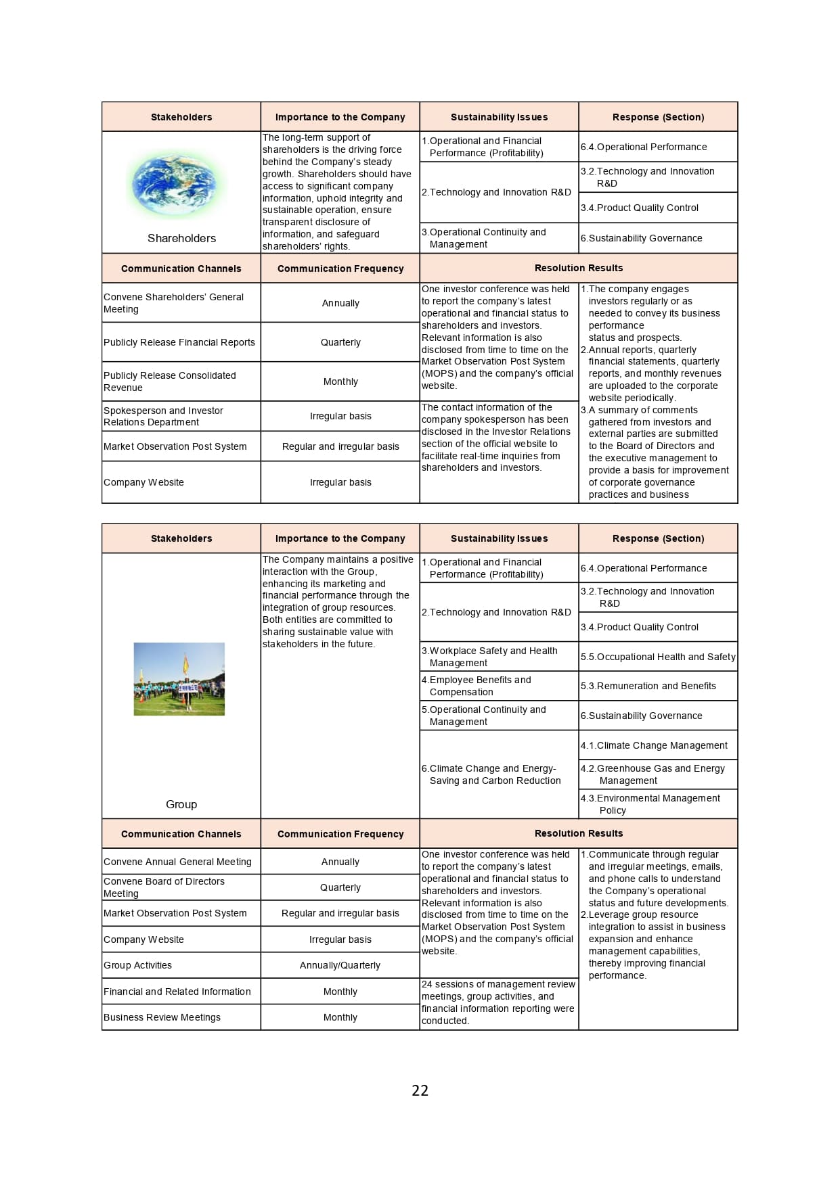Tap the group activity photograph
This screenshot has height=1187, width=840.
(179, 679)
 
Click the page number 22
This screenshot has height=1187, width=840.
(420, 1090)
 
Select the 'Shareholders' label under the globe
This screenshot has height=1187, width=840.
(181, 238)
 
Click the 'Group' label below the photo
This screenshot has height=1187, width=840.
(181, 804)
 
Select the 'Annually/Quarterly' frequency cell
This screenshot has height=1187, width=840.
(340, 965)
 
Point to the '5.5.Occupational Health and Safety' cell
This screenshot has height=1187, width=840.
(658, 657)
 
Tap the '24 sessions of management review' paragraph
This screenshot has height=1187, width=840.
(498, 1002)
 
